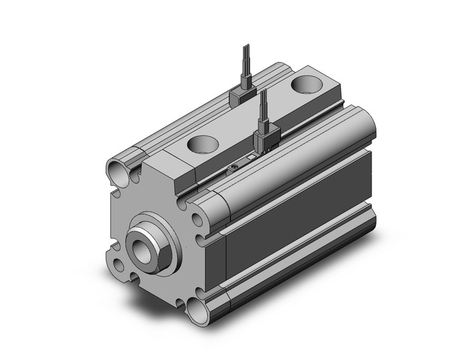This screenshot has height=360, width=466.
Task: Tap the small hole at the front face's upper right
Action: (x=197, y=218)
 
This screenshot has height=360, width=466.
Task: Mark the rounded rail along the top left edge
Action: (x=196, y=110)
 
